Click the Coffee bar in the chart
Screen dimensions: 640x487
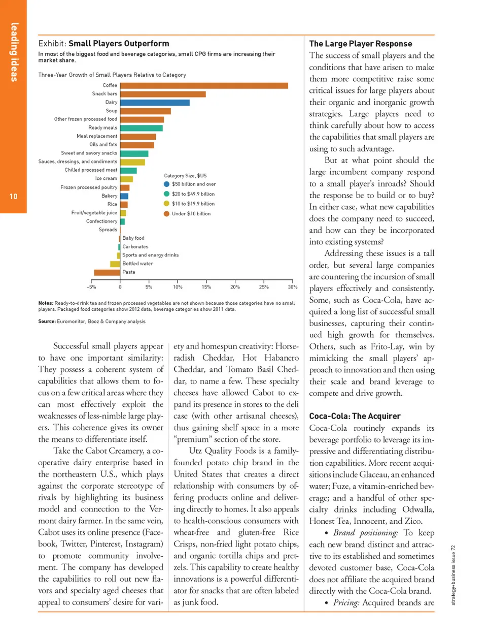click(204, 85)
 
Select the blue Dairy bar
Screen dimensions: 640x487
click(155, 103)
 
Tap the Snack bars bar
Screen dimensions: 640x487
click(163, 94)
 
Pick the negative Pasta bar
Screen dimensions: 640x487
click(107, 272)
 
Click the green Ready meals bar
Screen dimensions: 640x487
click(142, 128)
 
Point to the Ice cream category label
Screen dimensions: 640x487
click(106, 178)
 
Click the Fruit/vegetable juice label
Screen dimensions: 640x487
click(94, 213)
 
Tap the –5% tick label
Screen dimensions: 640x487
click(91, 287)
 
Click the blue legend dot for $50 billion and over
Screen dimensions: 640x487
click(166, 184)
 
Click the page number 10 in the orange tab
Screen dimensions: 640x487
click(13, 197)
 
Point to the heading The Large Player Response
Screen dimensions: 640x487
click(360, 44)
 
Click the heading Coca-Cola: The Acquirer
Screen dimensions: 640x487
click(355, 416)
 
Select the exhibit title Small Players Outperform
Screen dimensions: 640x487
click(119, 44)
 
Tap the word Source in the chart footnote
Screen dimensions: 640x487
click(46, 322)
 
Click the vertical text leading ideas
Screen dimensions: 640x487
click(14, 52)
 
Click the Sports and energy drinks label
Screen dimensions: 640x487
click(150, 255)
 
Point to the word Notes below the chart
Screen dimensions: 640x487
click(45, 303)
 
